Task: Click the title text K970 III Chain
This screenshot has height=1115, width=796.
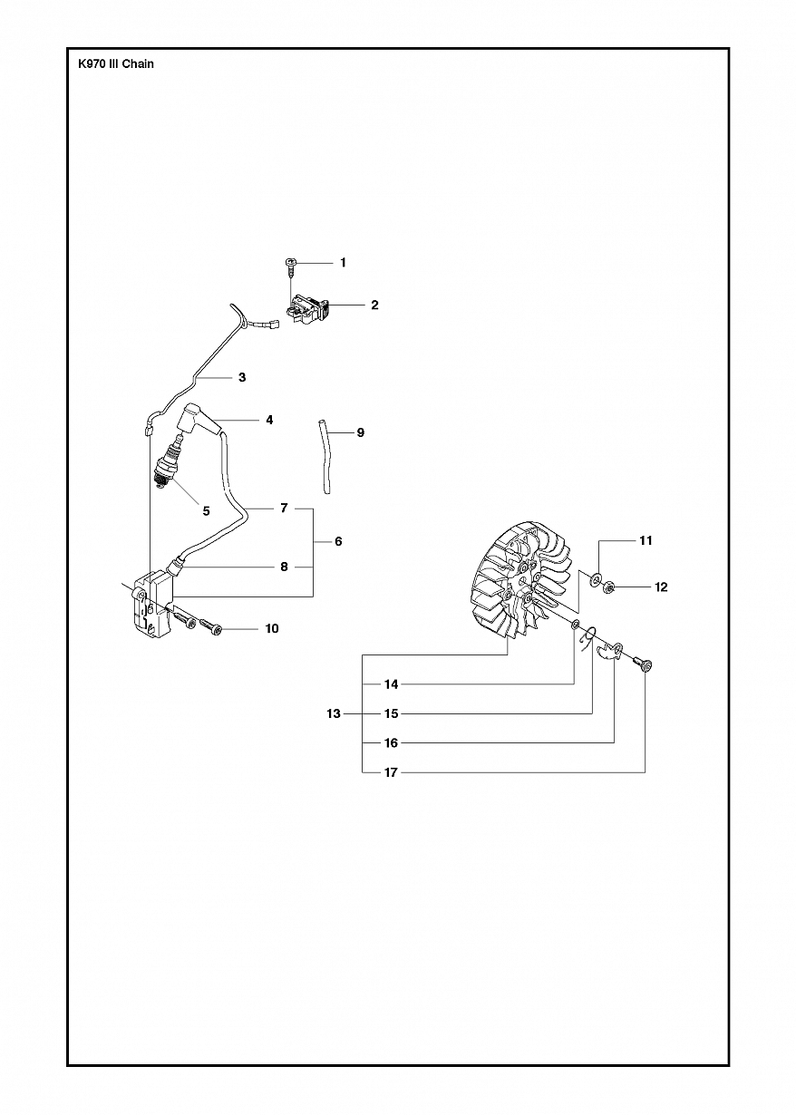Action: click(116, 63)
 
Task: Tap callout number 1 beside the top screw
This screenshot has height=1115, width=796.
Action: click(343, 262)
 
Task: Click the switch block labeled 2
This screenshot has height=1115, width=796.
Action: click(307, 310)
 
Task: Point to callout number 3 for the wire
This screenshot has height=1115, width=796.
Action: click(242, 377)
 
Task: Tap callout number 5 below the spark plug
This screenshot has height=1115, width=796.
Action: click(206, 510)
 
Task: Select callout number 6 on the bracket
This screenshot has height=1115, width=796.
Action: click(338, 541)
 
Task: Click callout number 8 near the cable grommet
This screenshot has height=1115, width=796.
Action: click(285, 567)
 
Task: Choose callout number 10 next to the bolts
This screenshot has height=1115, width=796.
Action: click(272, 629)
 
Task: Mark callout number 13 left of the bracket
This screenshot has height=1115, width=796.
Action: click(334, 713)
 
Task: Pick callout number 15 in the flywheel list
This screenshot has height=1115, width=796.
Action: click(392, 713)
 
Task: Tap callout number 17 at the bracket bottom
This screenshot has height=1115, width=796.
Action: click(392, 772)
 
